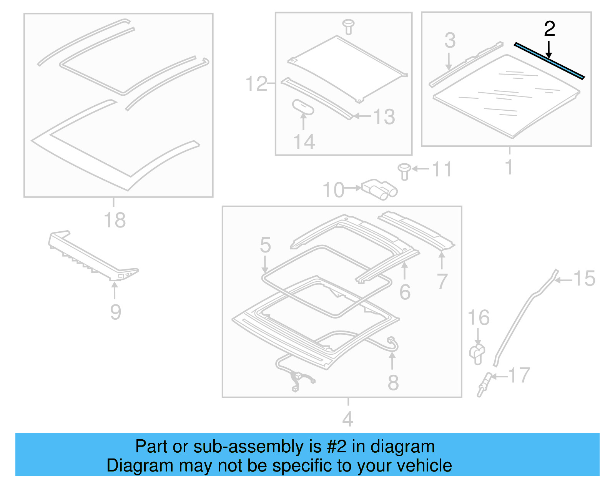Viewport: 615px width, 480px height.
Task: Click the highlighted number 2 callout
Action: [549, 29]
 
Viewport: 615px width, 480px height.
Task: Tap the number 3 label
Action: [450, 40]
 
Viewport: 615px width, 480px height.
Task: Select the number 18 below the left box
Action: [115, 220]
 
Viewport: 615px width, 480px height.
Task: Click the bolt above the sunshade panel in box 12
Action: [348, 26]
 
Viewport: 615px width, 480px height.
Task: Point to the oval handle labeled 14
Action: [303, 107]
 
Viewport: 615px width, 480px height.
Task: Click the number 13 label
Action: [384, 117]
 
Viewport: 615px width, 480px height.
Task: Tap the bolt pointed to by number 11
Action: [404, 171]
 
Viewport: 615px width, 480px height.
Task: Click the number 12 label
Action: [256, 84]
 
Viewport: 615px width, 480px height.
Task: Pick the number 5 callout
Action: [265, 245]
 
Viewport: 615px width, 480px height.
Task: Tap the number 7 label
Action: [442, 281]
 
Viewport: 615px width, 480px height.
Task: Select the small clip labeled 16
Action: [477, 353]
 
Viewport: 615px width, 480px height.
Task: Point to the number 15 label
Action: [584, 279]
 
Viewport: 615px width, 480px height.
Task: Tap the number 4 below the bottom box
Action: [347, 419]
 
